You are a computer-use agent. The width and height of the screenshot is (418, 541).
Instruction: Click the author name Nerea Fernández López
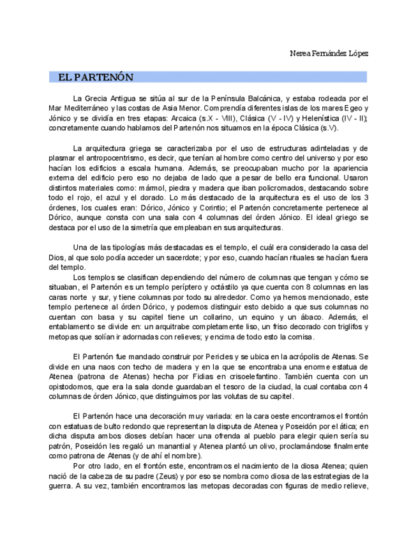tap(329, 53)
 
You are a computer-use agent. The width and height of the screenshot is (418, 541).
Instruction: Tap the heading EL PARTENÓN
tap(96, 77)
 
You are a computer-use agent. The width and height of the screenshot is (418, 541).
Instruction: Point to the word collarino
tap(256, 316)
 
